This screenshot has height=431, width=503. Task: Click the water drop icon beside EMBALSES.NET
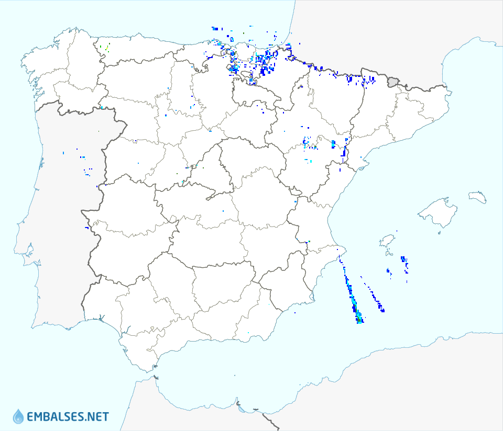point(18,416)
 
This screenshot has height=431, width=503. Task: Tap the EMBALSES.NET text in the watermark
point(68,417)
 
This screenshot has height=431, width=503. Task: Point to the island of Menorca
point(477,197)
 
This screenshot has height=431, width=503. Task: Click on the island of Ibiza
point(387,241)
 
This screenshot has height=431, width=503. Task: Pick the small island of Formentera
point(388,254)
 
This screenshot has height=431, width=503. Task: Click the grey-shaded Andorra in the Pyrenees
point(393,82)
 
